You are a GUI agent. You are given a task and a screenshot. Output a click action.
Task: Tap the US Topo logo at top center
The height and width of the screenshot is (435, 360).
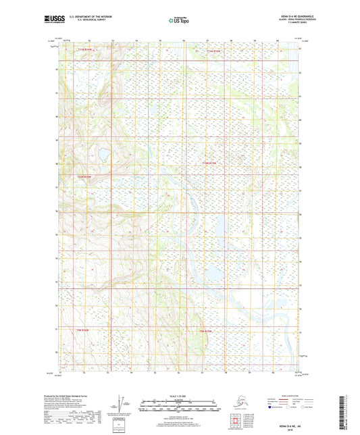coord(180,21)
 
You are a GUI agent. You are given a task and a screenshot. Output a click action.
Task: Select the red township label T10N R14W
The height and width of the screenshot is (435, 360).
coord(210,163)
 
